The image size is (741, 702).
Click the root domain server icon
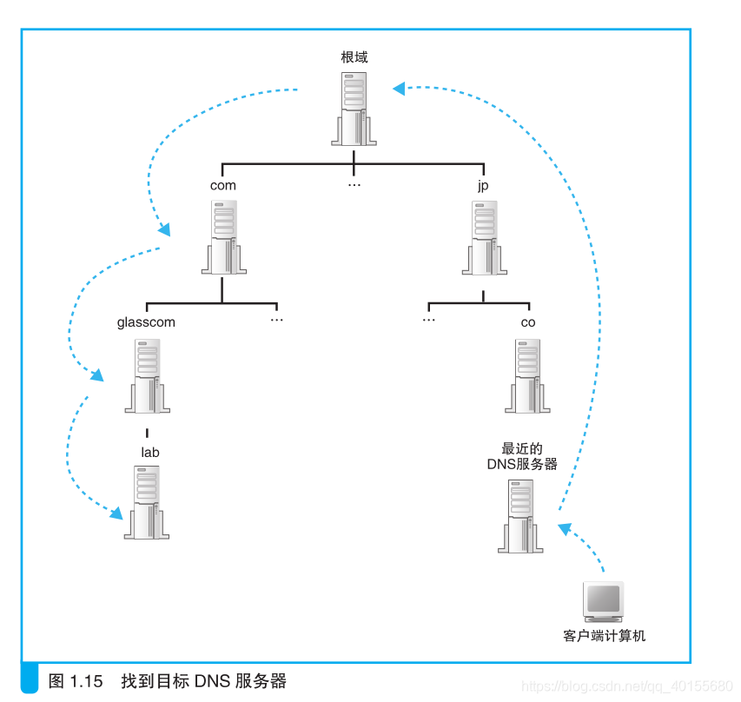(354, 108)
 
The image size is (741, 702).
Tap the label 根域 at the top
(354, 57)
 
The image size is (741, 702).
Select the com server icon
(223, 237)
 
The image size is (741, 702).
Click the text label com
(223, 185)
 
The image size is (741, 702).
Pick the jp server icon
(485, 237)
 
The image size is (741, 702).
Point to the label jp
(484, 186)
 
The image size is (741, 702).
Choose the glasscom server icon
(147, 375)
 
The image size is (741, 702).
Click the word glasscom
(146, 322)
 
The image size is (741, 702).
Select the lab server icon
(147, 503)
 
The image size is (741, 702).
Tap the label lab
(150, 452)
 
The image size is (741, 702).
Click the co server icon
(528, 375)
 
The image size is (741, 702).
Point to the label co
(528, 322)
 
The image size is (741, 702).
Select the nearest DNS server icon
(520, 515)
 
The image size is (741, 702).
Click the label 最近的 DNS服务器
(522, 457)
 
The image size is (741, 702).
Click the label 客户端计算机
(605, 636)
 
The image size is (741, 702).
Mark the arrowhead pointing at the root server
(398, 87)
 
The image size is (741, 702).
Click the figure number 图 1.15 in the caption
(76, 680)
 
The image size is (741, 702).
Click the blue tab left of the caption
(30, 679)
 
